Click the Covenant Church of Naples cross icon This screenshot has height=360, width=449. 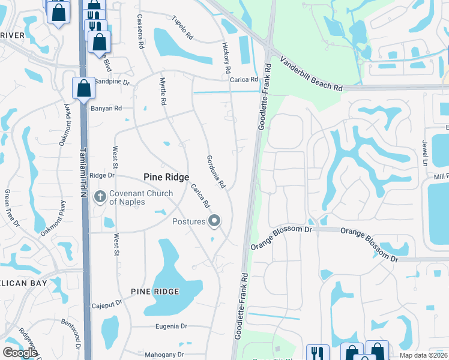(100, 196)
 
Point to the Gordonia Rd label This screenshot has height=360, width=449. (215, 170)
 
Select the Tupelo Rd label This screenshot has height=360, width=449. (181, 27)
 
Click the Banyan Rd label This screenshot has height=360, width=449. (106, 109)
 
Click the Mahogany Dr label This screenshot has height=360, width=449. (164, 355)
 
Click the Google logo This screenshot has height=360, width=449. (19, 353)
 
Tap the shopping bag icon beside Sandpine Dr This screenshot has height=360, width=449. (83, 88)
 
